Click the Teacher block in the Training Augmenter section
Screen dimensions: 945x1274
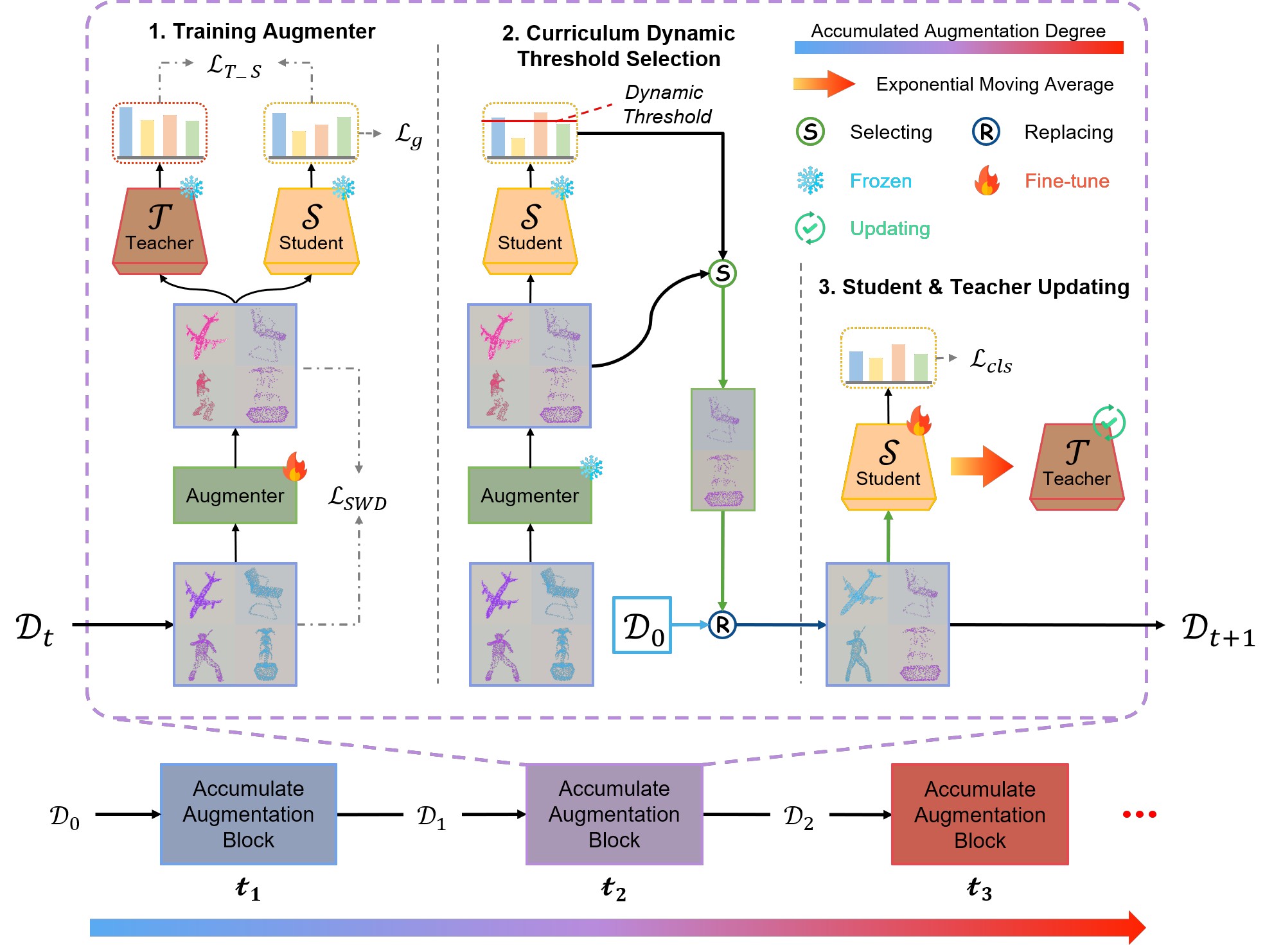pyautogui.click(x=159, y=230)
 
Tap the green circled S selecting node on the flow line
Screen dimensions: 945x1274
pyautogui.click(x=723, y=273)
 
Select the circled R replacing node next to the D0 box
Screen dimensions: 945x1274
pyautogui.click(x=722, y=624)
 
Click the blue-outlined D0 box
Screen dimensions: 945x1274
pyautogui.click(x=642, y=625)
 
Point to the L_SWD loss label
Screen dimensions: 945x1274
pyautogui.click(x=357, y=498)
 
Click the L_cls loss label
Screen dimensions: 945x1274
pyautogui.click(x=990, y=361)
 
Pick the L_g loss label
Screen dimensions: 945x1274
pyautogui.click(x=409, y=134)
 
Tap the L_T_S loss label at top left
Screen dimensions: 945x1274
pyautogui.click(x=234, y=66)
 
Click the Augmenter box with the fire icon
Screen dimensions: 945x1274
pyautogui.click(x=235, y=495)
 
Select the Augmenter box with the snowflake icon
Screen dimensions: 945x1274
pyautogui.click(x=529, y=495)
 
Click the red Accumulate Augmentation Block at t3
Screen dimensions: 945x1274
pyautogui.click(x=979, y=814)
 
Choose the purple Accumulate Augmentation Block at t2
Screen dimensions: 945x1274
pyautogui.click(x=614, y=814)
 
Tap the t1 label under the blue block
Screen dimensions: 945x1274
pyautogui.click(x=248, y=889)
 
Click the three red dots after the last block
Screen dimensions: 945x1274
pyautogui.click(x=1139, y=814)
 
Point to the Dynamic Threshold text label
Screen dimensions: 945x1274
pyautogui.click(x=667, y=104)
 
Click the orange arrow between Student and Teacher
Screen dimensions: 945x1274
pyautogui.click(x=981, y=466)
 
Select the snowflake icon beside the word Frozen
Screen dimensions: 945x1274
pyautogui.click(x=810, y=181)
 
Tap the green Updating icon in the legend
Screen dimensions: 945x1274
pyautogui.click(x=810, y=228)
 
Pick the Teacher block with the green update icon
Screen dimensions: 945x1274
pyautogui.click(x=1077, y=467)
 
